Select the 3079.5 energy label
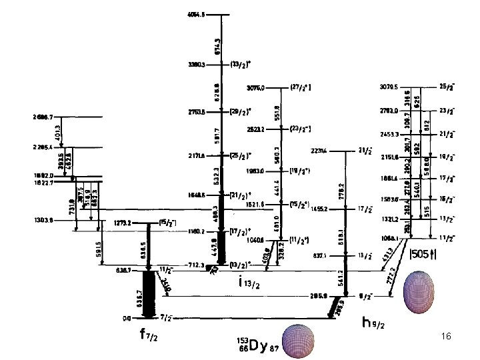[x=389, y=87]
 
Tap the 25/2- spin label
[x=447, y=87]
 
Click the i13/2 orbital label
[x=251, y=283]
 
